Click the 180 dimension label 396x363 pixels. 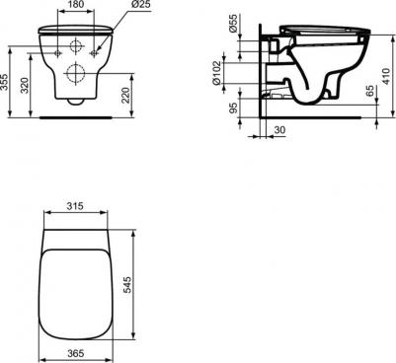[76, 4]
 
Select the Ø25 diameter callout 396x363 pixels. [140, 4]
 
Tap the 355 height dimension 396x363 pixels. [4, 82]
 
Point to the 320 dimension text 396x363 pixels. [25, 86]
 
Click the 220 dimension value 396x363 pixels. [126, 95]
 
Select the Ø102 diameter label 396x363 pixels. [216, 73]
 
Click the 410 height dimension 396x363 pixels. [386, 76]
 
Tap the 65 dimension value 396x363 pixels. [370, 91]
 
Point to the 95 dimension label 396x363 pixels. [233, 108]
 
